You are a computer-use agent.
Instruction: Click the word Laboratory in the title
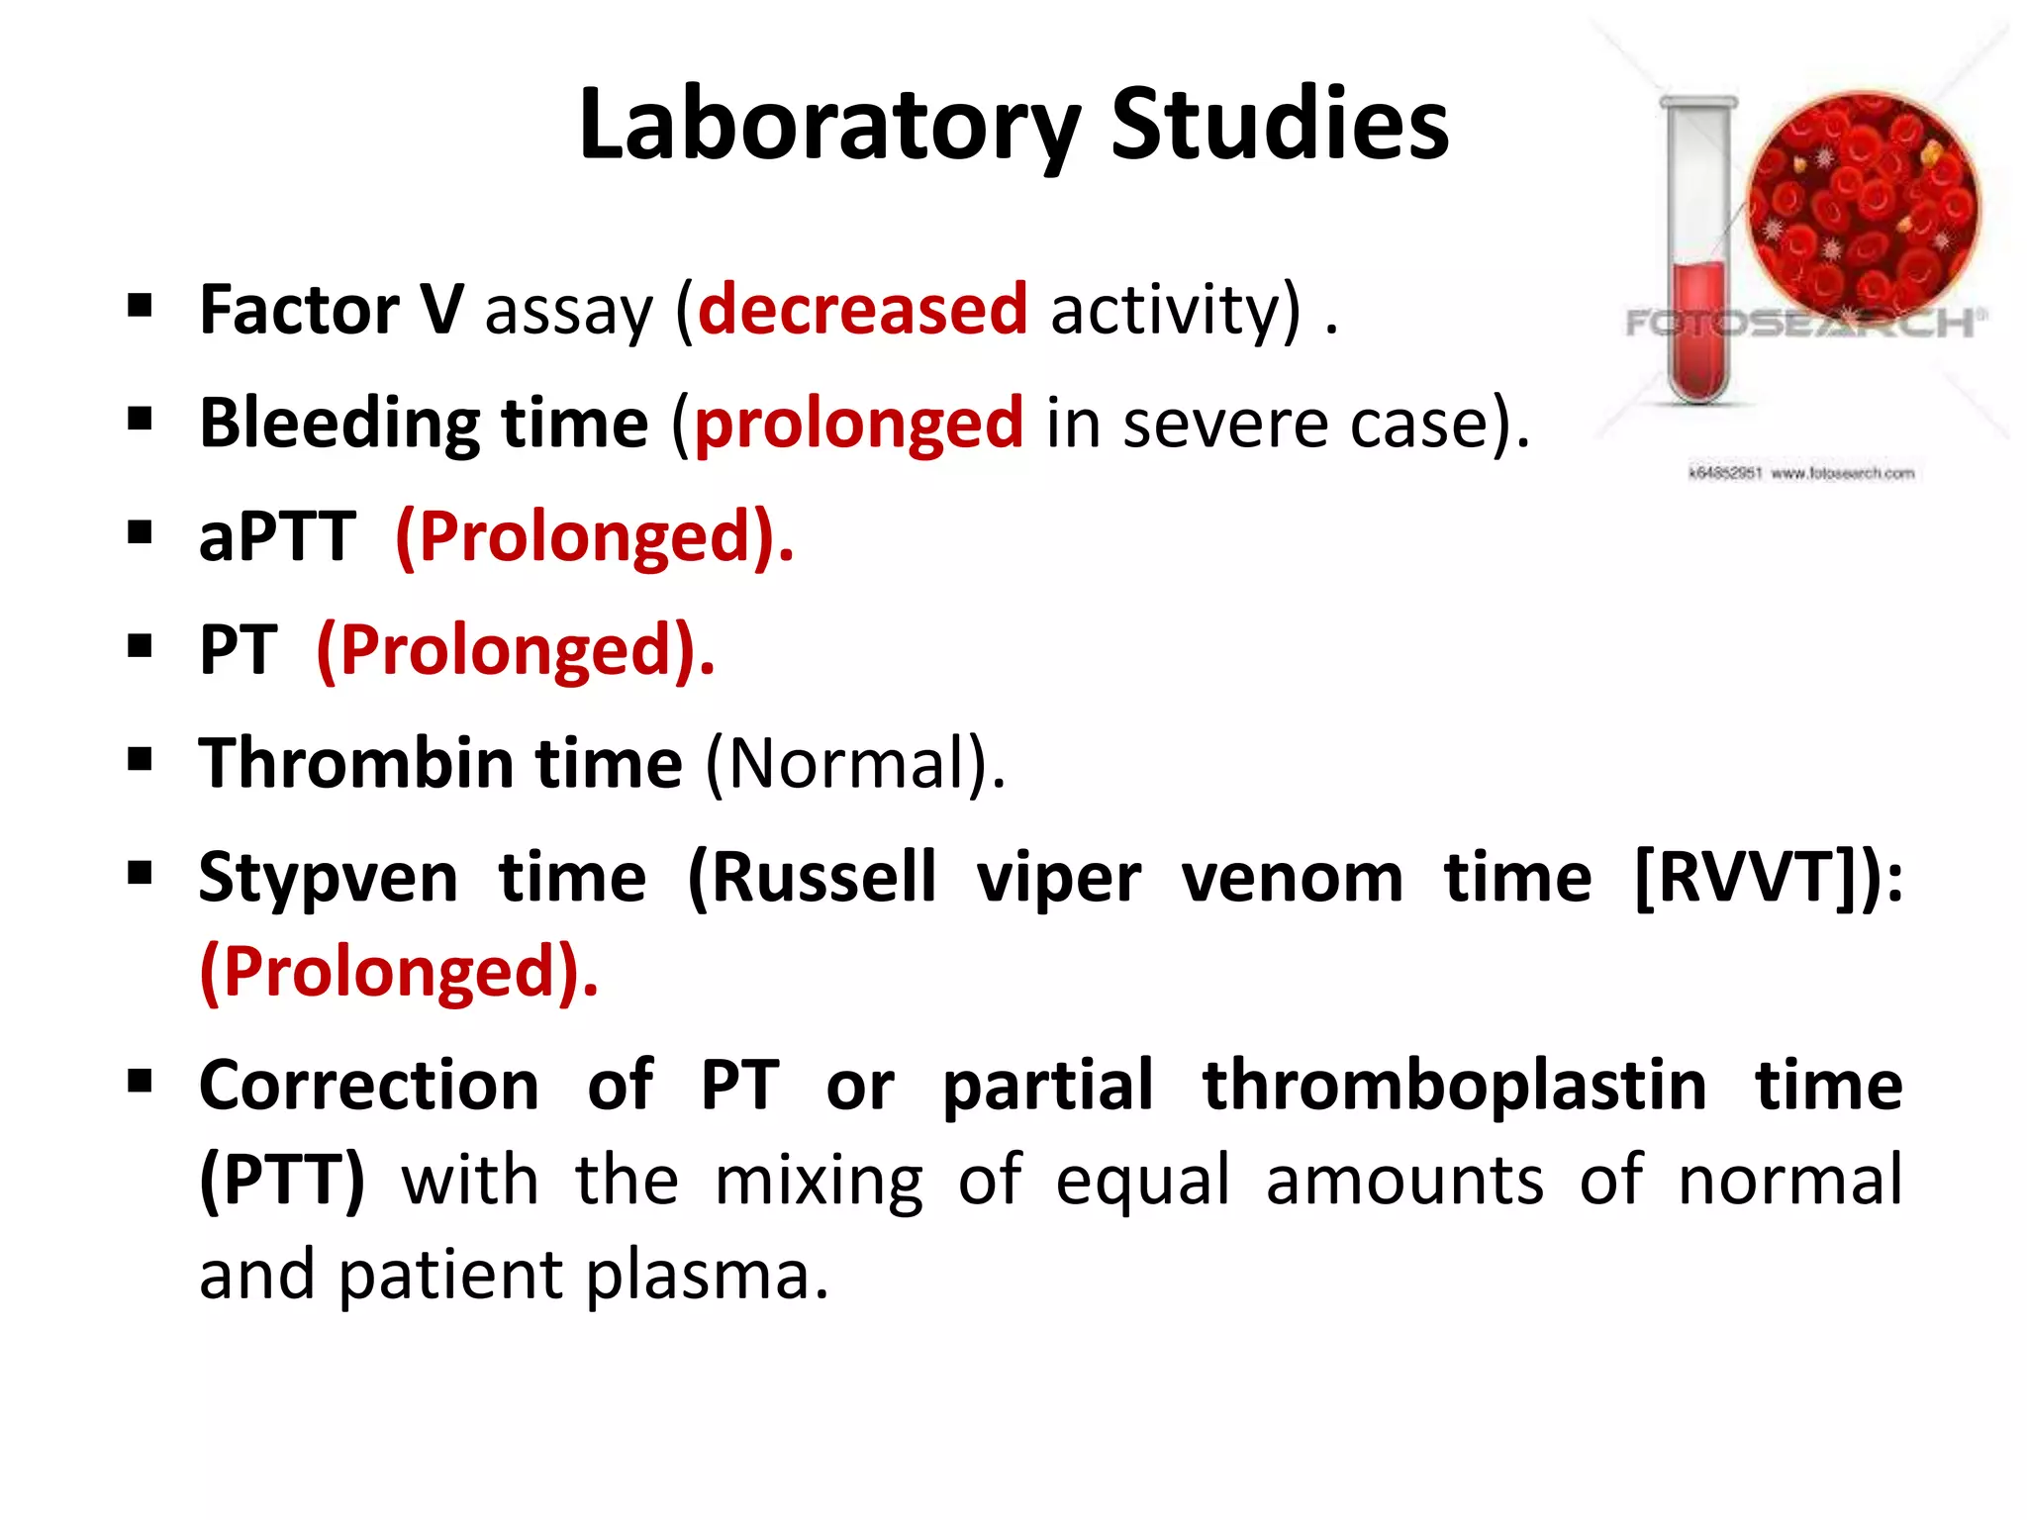828,126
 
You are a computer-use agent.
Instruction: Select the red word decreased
862,310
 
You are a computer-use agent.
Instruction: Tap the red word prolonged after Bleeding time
858,424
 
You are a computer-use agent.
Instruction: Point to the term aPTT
277,537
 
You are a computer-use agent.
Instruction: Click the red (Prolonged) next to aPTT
594,537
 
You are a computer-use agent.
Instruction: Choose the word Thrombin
355,764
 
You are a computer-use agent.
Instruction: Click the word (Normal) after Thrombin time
853,764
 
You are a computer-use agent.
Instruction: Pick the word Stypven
328,879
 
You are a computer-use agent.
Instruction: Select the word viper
1058,879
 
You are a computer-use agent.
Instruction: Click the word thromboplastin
1454,1087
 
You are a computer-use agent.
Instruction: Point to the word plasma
706,1275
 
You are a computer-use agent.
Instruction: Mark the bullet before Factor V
140,306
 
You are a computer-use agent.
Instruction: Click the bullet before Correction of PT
140,1081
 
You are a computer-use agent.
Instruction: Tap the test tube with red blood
1698,257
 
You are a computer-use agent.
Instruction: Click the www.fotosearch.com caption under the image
1842,474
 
